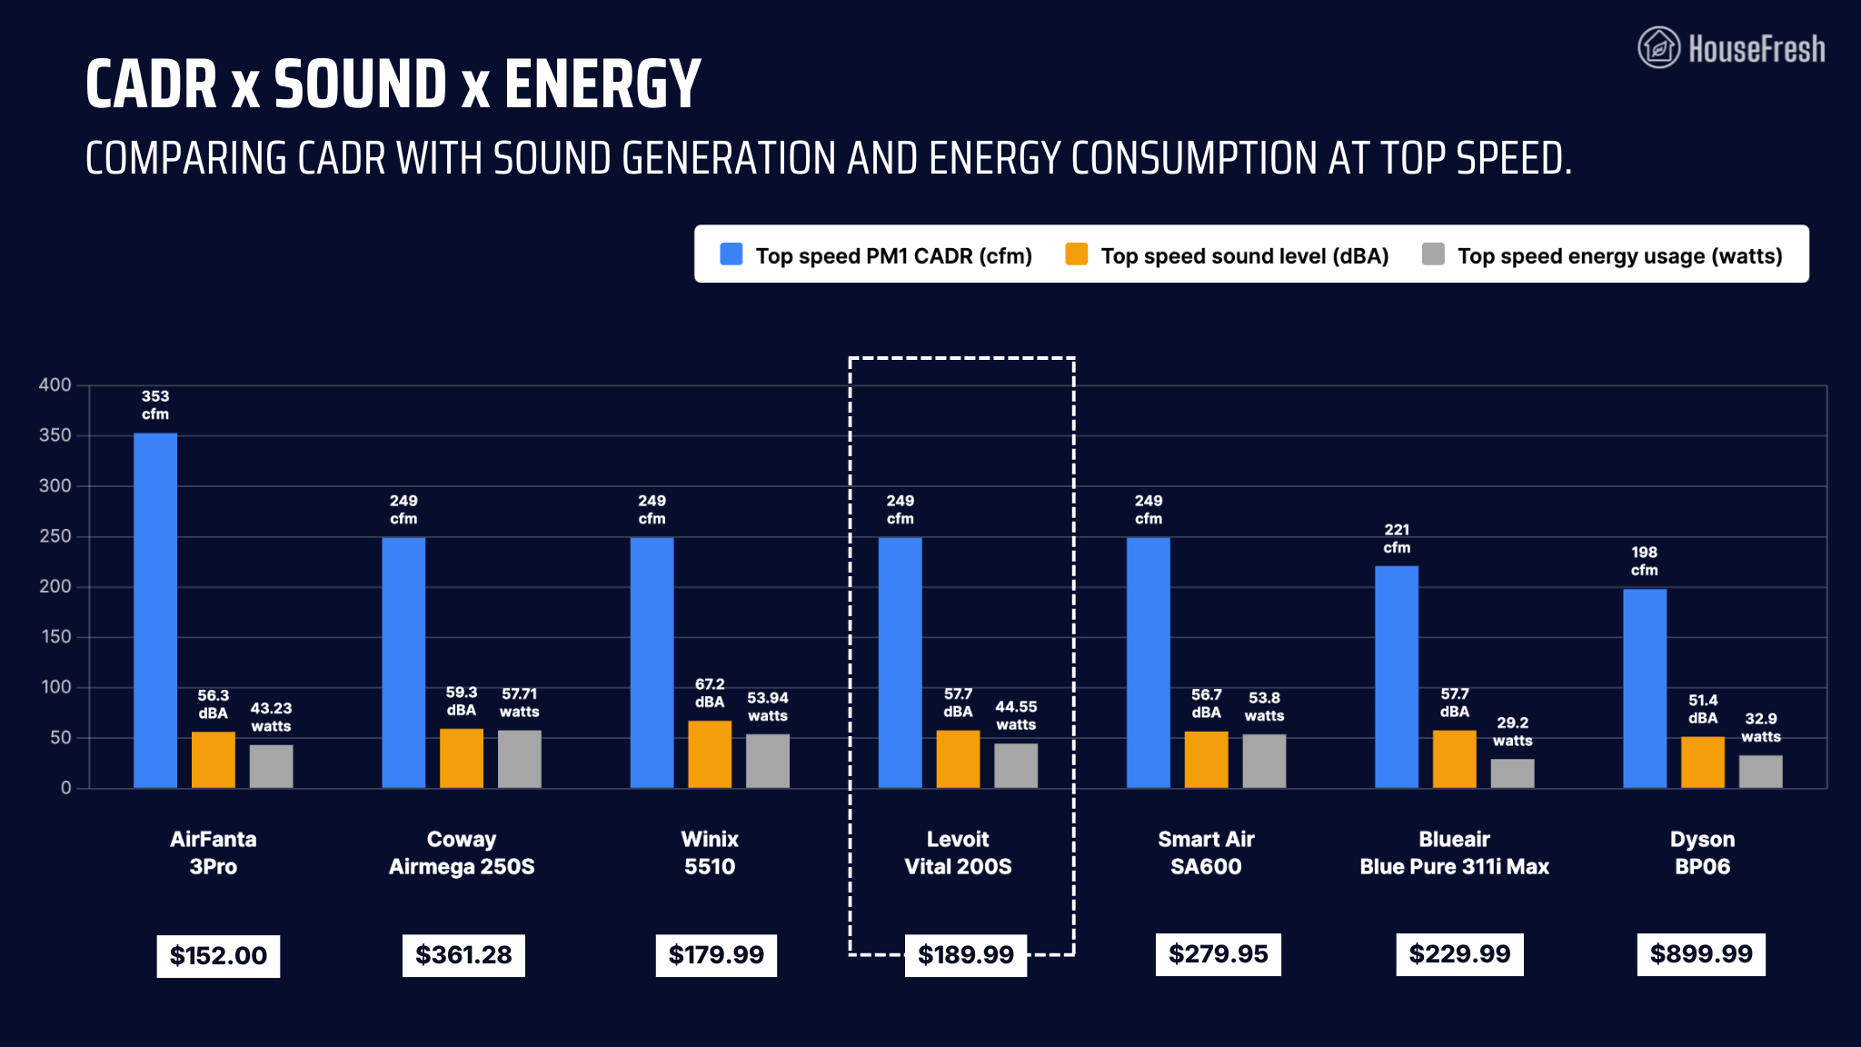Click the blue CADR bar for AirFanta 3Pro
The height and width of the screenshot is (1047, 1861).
pos(155,610)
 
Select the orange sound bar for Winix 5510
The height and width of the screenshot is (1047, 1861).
pos(710,754)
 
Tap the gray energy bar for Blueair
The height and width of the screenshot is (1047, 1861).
pos(1512,773)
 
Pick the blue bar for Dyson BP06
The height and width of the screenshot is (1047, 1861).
pos(1645,688)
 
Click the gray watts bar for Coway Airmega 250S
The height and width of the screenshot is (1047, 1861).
pos(520,759)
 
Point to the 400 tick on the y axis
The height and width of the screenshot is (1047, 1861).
pos(55,385)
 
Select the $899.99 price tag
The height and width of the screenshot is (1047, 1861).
pos(1701,954)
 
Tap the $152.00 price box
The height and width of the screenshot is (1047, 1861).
pos(218,956)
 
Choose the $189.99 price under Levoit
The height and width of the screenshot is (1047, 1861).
pos(966,955)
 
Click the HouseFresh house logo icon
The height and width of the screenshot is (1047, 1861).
pos(1658,47)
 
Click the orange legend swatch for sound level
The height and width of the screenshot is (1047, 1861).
pos(1077,254)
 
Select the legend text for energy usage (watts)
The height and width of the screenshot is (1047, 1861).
pos(1619,256)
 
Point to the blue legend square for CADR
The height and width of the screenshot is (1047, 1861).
pos(731,254)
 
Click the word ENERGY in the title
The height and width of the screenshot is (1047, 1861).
pos(602,85)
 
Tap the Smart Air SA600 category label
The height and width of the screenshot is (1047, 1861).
pos(1206,853)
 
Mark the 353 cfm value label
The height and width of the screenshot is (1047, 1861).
pos(155,405)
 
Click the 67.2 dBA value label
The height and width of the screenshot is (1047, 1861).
pos(710,693)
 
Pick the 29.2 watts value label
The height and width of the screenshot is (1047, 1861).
pos(1512,732)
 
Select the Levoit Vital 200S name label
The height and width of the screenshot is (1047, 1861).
pos(958,853)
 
